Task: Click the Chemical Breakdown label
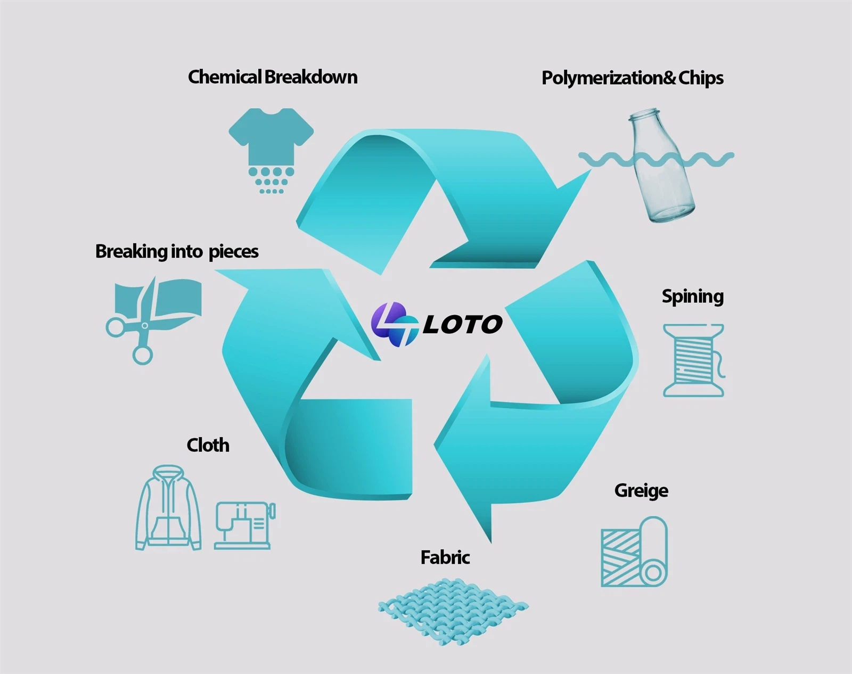click(x=272, y=77)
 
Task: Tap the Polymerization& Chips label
click(x=632, y=78)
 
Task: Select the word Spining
click(x=692, y=297)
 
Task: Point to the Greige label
click(x=641, y=490)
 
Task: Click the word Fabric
click(x=445, y=557)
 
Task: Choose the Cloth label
click(x=208, y=445)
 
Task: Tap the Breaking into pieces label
click(x=177, y=251)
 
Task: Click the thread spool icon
click(x=693, y=360)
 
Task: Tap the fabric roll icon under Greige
click(x=634, y=552)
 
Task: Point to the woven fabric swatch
click(x=453, y=611)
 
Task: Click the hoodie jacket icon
click(x=168, y=508)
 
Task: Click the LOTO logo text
click(x=462, y=325)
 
